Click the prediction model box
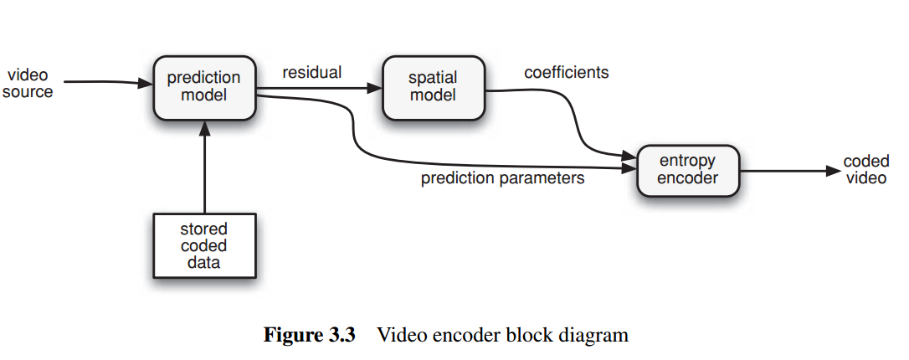point(204,88)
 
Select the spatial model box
point(434,88)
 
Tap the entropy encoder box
point(688,171)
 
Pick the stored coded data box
point(204,246)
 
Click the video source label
point(28,84)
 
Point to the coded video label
point(866,169)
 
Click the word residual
point(312,73)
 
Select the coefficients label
point(567,73)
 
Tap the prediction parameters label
point(502,178)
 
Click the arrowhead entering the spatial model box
point(375,88)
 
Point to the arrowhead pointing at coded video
point(833,171)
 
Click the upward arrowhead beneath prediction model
point(204,128)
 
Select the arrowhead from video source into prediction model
point(146,84)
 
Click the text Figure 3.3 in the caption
point(310,335)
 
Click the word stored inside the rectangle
point(203,229)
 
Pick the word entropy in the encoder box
point(687,161)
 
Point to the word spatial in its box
point(433,78)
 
